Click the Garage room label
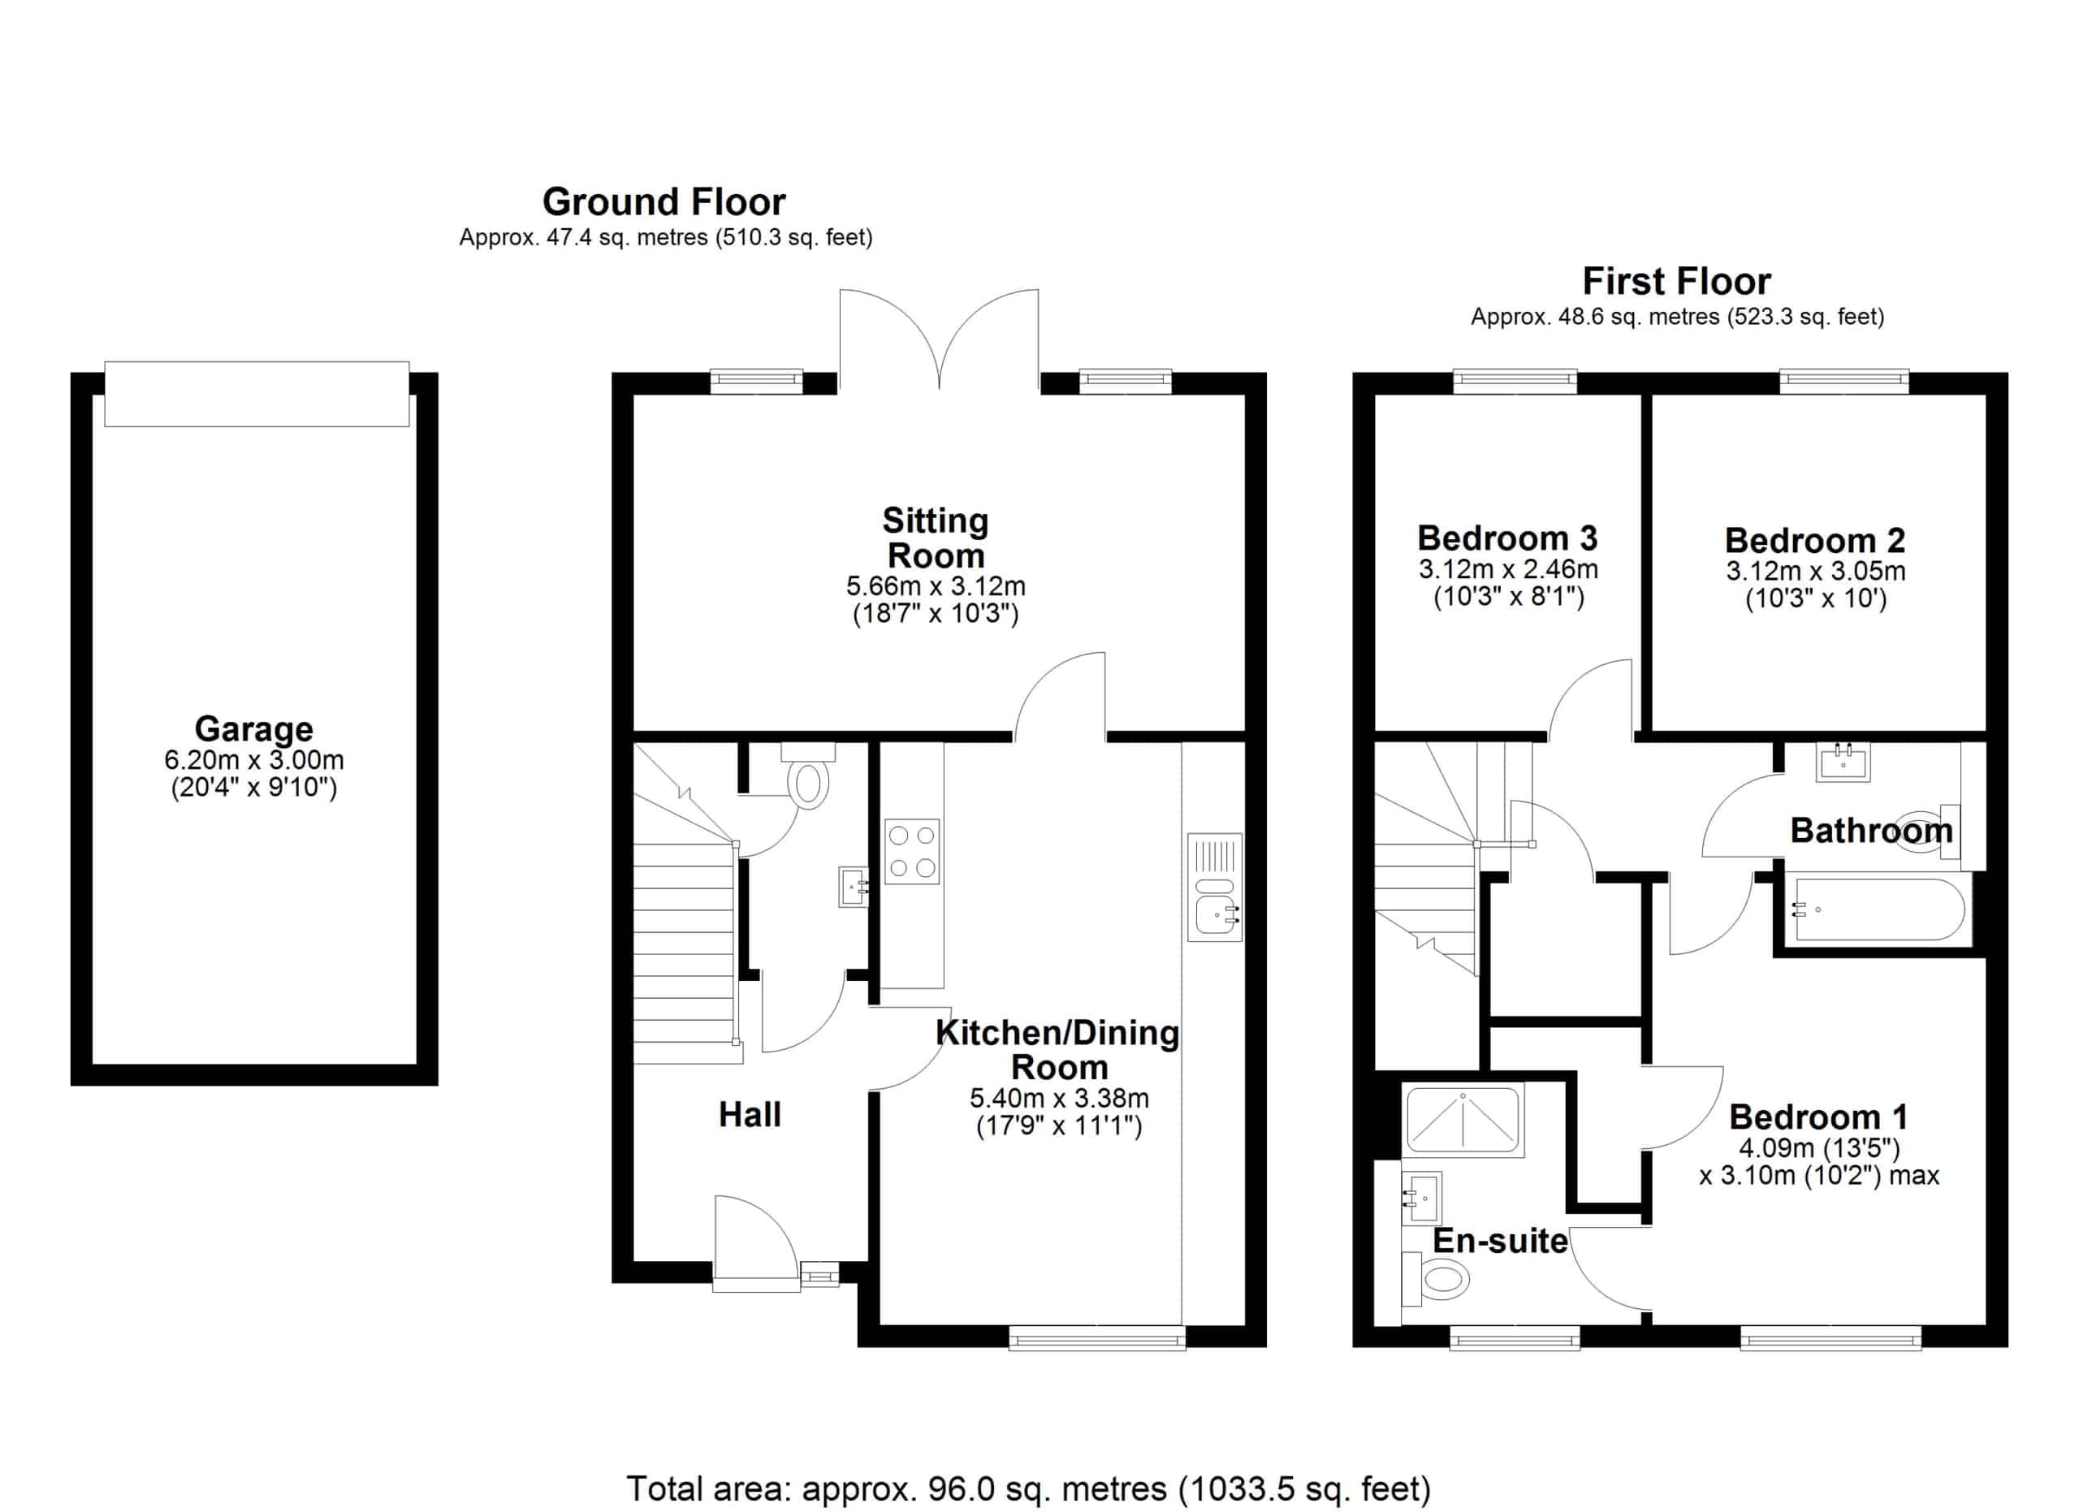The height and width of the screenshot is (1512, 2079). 254,729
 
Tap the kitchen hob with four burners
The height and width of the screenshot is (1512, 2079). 912,850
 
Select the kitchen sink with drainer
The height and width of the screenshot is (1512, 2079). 1215,887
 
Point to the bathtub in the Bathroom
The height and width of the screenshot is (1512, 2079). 1880,910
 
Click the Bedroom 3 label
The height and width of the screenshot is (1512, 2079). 1508,538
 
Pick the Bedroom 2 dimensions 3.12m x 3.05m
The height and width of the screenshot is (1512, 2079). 1816,571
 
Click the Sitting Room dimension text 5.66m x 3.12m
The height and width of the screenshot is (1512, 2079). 936,585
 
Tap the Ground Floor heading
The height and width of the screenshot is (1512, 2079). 663,201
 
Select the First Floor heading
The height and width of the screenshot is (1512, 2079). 1676,280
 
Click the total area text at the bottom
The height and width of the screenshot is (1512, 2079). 1028,1488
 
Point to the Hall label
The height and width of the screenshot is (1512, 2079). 750,1114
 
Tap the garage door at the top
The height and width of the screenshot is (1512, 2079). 257,393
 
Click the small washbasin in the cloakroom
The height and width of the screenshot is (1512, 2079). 854,887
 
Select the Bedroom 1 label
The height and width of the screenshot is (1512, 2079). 1818,1117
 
